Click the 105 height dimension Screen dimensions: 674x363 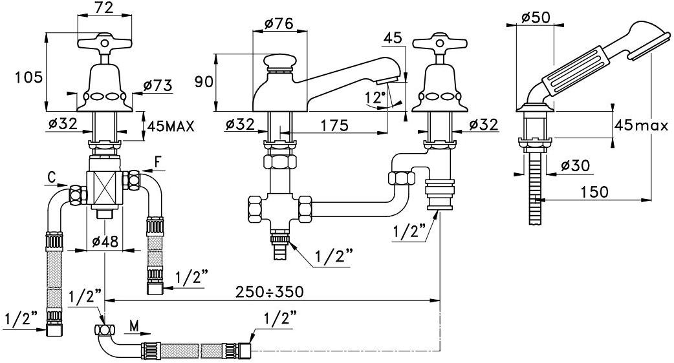pyautogui.click(x=29, y=78)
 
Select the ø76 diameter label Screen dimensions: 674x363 pyautogui.click(x=279, y=23)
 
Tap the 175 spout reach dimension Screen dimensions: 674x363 pyautogui.click(x=334, y=125)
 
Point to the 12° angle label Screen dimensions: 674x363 pyautogui.click(x=376, y=98)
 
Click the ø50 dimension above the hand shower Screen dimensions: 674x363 pyautogui.click(x=536, y=17)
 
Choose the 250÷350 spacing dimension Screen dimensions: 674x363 pyautogui.click(x=270, y=292)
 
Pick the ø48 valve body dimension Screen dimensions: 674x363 pyautogui.click(x=105, y=242)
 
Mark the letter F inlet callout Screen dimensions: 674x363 pyautogui.click(x=158, y=163)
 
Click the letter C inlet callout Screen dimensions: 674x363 pyautogui.click(x=52, y=177)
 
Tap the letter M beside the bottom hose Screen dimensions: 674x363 pyautogui.click(x=135, y=326)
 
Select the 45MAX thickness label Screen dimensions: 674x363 pyautogui.click(x=171, y=126)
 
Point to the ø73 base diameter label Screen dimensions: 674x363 pyautogui.click(x=157, y=86)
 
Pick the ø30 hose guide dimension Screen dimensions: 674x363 pyautogui.click(x=575, y=165)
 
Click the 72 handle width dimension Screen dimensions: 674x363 pyautogui.click(x=104, y=8)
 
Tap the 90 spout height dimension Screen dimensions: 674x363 pyautogui.click(x=204, y=81)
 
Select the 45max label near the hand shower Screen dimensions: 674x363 pyautogui.click(x=641, y=125)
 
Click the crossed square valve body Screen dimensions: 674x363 pyautogui.click(x=104, y=189)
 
